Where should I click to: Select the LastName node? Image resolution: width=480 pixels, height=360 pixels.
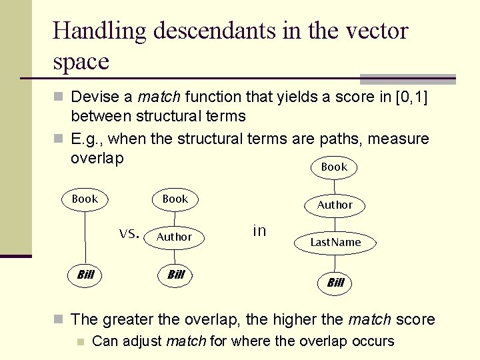click(x=335, y=243)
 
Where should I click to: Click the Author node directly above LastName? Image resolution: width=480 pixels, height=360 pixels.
click(x=335, y=205)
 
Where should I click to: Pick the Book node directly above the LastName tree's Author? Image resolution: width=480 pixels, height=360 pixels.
click(x=334, y=167)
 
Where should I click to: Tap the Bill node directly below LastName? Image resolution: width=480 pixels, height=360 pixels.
click(x=335, y=283)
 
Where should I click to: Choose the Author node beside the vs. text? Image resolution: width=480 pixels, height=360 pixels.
click(x=174, y=237)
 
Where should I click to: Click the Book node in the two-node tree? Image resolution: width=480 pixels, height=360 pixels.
click(x=85, y=199)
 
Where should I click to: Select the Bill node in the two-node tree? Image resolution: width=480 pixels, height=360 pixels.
click(x=85, y=274)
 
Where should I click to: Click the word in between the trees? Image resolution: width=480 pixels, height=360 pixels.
click(x=259, y=231)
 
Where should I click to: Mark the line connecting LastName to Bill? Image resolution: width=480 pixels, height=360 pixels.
click(x=335, y=263)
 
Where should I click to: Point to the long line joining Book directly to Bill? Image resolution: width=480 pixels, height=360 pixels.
click(x=85, y=237)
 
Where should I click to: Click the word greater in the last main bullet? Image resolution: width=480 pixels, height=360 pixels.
click(x=123, y=319)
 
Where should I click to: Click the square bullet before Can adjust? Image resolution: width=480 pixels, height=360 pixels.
click(x=80, y=342)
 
